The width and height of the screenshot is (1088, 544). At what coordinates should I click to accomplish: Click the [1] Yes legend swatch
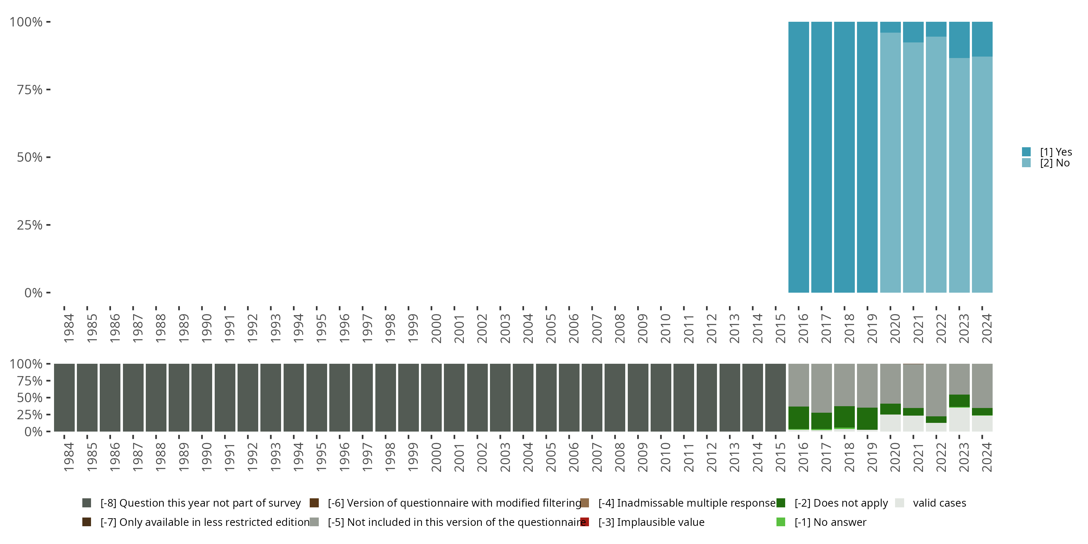[x=1026, y=152]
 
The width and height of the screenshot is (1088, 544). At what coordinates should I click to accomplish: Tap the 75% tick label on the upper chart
[x=30, y=90]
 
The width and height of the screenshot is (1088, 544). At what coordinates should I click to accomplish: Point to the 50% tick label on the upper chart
[x=30, y=157]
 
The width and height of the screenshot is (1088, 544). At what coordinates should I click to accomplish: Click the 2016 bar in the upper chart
[x=798, y=157]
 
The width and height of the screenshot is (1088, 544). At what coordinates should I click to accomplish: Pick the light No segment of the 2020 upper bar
[x=890, y=162]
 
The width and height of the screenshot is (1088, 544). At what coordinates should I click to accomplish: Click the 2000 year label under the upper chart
[x=436, y=329]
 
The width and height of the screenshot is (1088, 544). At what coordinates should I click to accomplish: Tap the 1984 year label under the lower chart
[x=69, y=457]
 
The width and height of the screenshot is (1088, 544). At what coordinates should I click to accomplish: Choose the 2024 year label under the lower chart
[x=986, y=457]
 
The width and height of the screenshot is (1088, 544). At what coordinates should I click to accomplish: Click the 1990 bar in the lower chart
[x=202, y=397]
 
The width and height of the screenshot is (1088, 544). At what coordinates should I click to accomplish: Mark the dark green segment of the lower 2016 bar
[x=798, y=418]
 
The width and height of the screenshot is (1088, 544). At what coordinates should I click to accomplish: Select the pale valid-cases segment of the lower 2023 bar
[x=959, y=419]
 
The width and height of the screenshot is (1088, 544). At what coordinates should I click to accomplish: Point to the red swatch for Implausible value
[x=585, y=522]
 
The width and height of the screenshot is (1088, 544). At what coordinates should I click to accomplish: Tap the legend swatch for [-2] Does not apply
[x=780, y=503]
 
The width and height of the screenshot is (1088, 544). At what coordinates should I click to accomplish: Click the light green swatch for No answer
[x=780, y=522]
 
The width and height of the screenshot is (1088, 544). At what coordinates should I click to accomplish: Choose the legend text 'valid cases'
[x=939, y=503]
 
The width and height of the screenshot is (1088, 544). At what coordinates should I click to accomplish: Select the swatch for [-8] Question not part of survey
[x=87, y=503]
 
